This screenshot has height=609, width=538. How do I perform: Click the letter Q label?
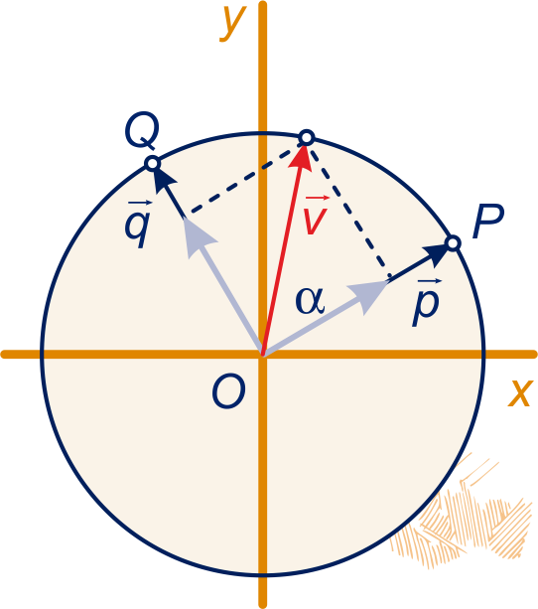(142, 130)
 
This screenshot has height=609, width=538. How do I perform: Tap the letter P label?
(488, 221)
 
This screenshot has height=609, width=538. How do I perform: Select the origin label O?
(228, 391)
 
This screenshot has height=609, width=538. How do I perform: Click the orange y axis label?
(233, 23)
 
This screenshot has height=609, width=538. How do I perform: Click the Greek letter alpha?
(310, 301)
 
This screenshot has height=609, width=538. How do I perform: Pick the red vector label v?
(316, 215)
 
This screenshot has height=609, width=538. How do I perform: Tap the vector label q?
(137, 225)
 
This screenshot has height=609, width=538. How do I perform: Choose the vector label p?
(427, 303)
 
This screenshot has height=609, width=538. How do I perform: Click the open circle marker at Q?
(153, 163)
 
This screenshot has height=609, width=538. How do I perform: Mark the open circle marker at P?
(453, 243)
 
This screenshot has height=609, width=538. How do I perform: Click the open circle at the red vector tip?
(307, 137)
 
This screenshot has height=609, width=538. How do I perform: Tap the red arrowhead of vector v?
(301, 157)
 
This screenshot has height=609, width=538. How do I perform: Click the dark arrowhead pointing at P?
(436, 254)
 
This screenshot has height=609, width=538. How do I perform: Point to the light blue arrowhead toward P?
(368, 297)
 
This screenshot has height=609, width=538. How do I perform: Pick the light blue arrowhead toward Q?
(198, 237)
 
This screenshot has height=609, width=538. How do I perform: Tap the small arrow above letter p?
(430, 281)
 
